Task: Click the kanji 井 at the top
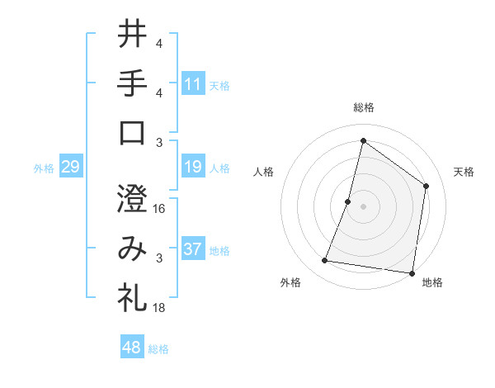(132, 34)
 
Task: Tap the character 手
(132, 83)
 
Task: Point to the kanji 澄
(132, 199)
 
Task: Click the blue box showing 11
(193, 83)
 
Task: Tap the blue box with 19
(193, 168)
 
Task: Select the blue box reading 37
(193, 249)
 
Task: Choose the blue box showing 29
(70, 168)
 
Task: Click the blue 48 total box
(132, 348)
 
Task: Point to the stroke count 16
(159, 209)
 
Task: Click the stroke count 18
(159, 308)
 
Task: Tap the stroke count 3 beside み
(159, 258)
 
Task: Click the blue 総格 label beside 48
(158, 349)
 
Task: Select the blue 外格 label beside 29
(44, 168)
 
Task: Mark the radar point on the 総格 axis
(363, 140)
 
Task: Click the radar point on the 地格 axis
(411, 272)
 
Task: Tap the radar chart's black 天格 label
(464, 172)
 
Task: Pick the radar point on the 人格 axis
(348, 201)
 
